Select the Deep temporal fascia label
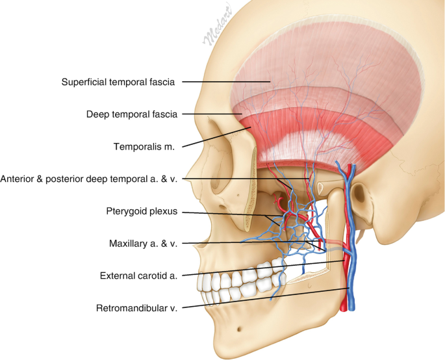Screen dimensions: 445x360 [131, 114]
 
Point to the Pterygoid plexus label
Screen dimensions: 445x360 [142, 211]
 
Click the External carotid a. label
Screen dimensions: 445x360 [139, 275]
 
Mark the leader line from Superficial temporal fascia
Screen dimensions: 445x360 [227, 82]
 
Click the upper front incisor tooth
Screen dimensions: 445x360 [207, 281]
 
